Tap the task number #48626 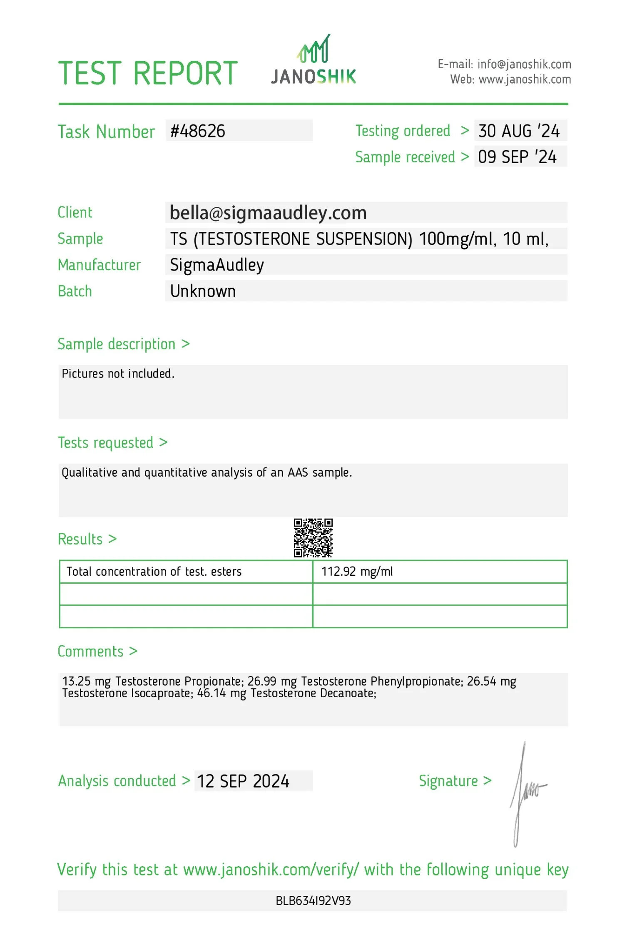point(198,131)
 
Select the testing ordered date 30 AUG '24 point(519,131)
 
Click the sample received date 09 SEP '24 point(517,157)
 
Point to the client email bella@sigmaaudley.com point(268,213)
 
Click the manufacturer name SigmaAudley point(217,265)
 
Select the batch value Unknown point(203,291)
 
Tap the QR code point(313,537)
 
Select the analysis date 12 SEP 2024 point(243,781)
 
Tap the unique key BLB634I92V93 point(313,901)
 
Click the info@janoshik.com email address point(524,64)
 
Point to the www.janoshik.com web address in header point(525,80)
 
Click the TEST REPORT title point(148,74)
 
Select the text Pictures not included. point(118,374)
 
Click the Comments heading point(90,651)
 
